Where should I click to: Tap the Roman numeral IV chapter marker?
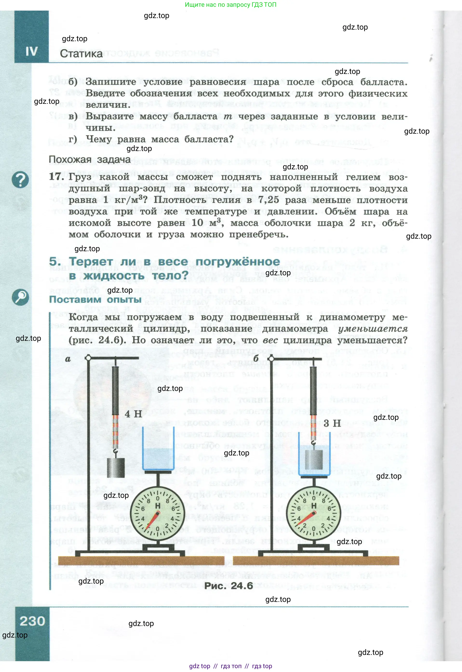31,52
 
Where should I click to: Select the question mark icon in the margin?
20,180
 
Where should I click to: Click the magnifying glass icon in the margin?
20,297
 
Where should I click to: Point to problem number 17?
55,177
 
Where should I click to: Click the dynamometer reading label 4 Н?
133,414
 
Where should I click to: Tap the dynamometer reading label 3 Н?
332,423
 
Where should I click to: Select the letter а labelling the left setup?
68,359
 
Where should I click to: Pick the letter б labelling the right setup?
256,358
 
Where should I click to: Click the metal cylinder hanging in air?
116,468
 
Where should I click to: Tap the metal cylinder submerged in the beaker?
314,460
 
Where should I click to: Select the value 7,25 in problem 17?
269,200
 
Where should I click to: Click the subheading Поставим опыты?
95,299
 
